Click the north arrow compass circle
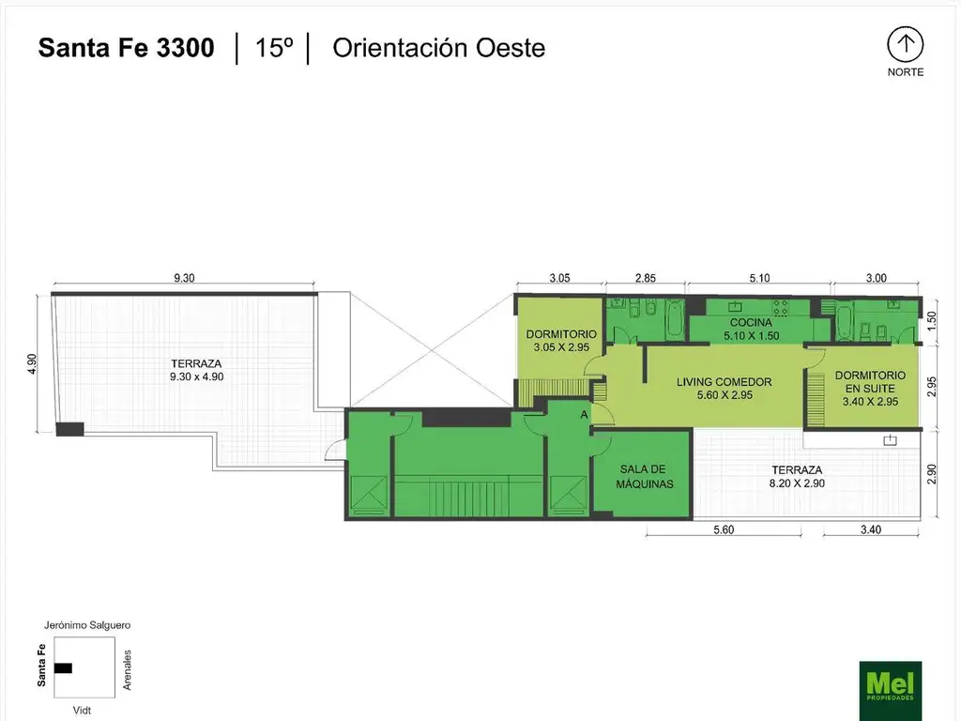tap(906, 45)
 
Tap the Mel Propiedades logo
tap(890, 690)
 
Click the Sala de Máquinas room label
tap(644, 476)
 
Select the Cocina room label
tap(751, 329)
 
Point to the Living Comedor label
tap(724, 388)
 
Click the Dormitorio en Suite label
tap(870, 388)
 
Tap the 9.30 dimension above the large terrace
tap(184, 278)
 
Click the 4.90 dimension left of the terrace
tap(33, 363)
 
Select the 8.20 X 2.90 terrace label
tap(797, 483)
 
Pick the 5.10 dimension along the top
tap(759, 278)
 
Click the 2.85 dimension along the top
tap(645, 278)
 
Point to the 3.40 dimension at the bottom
tap(870, 529)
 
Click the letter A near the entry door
tap(584, 415)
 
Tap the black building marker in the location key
tap(63, 667)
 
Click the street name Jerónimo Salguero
tap(87, 625)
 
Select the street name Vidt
tap(82, 710)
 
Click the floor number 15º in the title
tap(273, 48)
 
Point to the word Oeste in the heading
tap(511, 48)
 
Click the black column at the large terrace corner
tap(69, 428)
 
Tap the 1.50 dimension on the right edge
tap(932, 319)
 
